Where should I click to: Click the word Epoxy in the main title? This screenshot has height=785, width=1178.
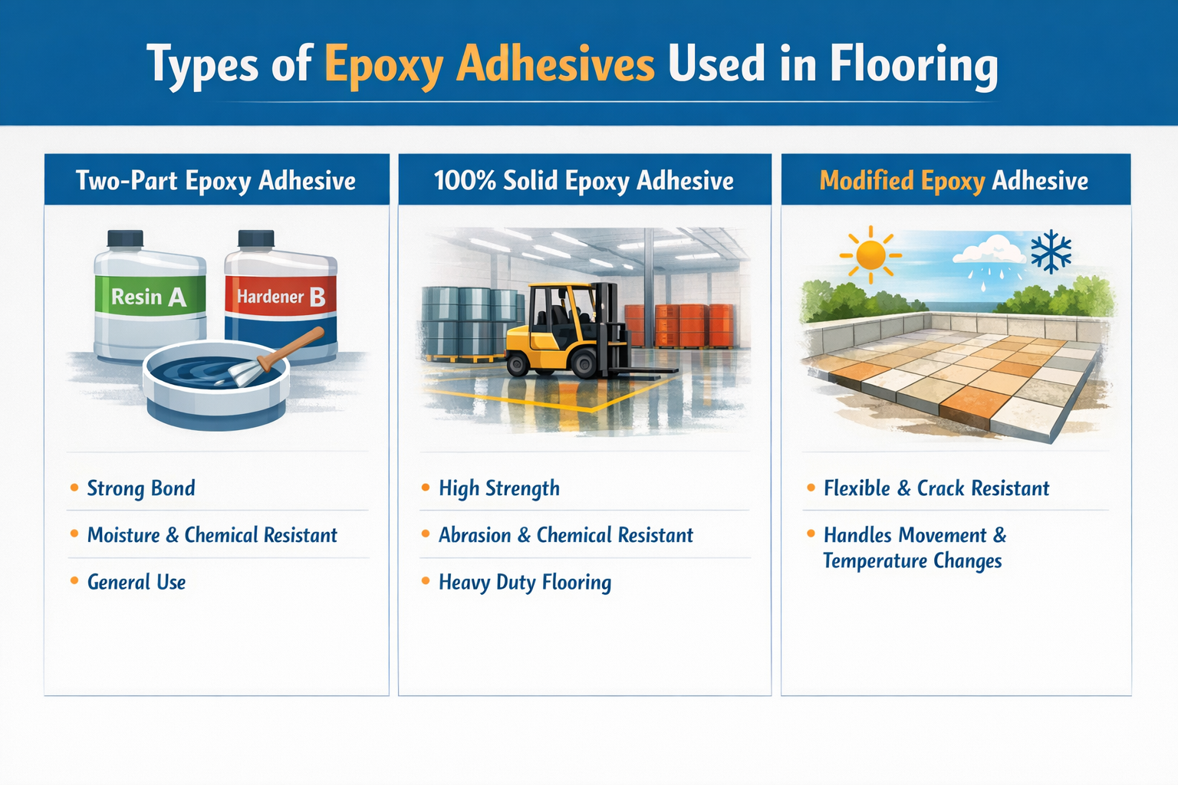click(383, 64)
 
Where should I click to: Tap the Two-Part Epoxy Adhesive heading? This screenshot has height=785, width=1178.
click(216, 181)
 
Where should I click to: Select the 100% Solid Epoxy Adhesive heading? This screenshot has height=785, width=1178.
click(584, 181)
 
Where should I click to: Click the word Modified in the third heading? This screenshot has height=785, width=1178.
click(867, 181)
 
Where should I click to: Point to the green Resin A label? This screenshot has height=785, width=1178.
click(149, 297)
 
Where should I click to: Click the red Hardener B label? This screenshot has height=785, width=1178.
click(281, 297)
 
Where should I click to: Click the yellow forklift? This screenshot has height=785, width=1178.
click(568, 330)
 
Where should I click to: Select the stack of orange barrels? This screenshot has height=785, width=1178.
click(679, 325)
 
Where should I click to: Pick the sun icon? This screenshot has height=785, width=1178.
click(870, 253)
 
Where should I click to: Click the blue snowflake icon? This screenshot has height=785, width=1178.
click(1051, 251)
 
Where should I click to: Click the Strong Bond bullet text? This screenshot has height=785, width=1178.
click(141, 488)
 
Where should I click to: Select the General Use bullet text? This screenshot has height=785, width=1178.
click(137, 583)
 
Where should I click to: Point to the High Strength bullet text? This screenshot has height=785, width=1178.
click(499, 488)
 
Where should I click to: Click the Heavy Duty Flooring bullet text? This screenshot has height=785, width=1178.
click(525, 583)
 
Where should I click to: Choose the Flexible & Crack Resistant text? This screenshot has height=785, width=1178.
click(936, 488)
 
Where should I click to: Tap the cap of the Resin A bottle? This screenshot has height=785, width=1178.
click(125, 238)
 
